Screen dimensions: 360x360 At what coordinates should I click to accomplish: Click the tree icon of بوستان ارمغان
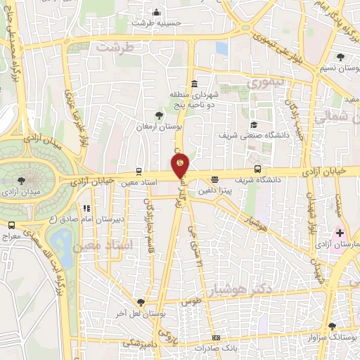[158, 115]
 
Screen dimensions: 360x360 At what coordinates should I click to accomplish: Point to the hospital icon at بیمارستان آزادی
[340, 233]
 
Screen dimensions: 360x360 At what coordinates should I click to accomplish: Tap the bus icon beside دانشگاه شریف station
[258, 169]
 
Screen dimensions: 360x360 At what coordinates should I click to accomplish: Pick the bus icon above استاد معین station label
[139, 171]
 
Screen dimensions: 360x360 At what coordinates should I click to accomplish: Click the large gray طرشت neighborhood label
[115, 47]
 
